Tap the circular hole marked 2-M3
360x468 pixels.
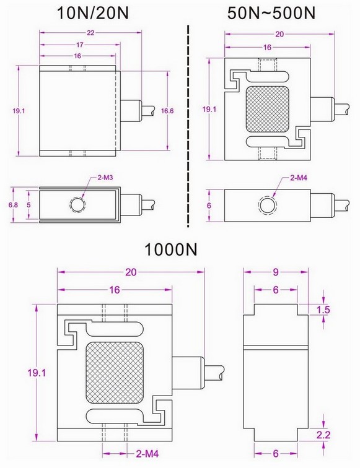tap(77, 204)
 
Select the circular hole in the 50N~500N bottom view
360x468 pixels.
tap(266, 204)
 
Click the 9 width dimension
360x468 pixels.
tap(276, 271)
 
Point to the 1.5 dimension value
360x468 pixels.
tap(322, 310)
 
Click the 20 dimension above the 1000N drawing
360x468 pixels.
tap(131, 271)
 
